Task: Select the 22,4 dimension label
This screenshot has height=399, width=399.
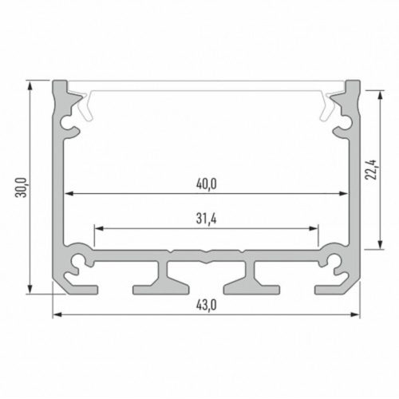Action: [x=371, y=170]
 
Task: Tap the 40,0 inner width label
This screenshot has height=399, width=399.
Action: [x=207, y=184]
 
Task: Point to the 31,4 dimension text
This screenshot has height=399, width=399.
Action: [x=207, y=219]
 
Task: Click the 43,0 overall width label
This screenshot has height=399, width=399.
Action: [x=207, y=305]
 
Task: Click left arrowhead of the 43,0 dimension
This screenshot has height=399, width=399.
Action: [x=57, y=314]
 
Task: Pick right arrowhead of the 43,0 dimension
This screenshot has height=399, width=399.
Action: [x=355, y=314]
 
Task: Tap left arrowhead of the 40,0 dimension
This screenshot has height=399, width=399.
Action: [x=69, y=194]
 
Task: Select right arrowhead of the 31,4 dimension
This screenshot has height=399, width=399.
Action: [x=313, y=228]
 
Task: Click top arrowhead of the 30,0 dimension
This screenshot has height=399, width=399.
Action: [x=30, y=86]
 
